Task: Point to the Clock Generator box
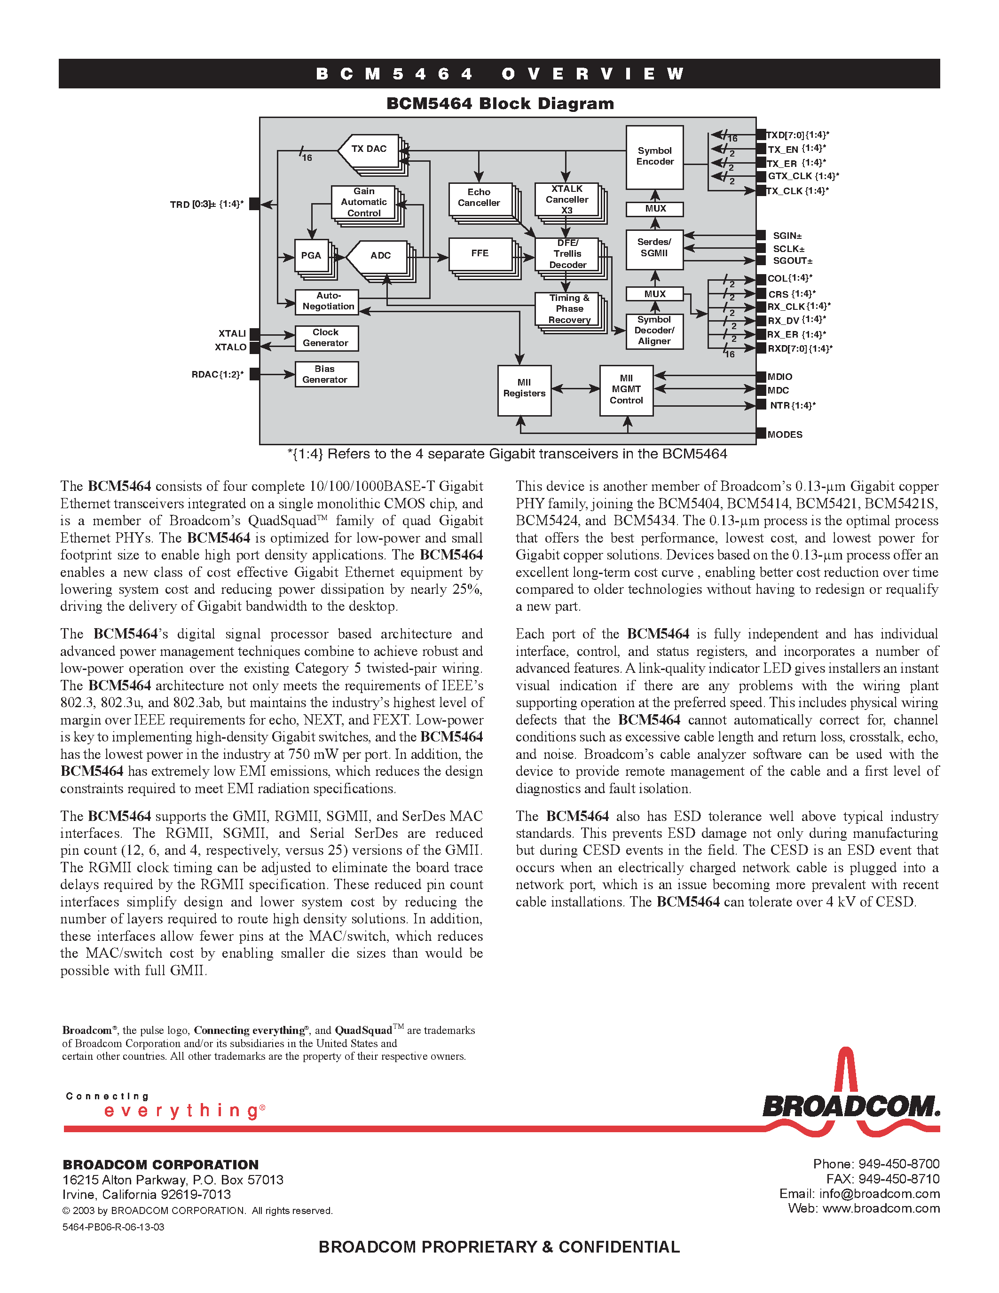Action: tap(326, 338)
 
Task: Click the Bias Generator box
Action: tap(326, 374)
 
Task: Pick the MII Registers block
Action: tap(524, 389)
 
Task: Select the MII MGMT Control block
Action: tap(626, 390)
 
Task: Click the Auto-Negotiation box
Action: tap(327, 301)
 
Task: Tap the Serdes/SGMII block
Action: tap(654, 249)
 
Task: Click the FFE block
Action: tap(480, 254)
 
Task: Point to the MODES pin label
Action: tap(785, 434)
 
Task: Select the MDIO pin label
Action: tap(779, 377)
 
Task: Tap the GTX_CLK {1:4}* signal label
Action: tap(803, 176)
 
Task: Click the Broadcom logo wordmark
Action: tap(850, 1106)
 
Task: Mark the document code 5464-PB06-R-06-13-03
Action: tap(113, 1227)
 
